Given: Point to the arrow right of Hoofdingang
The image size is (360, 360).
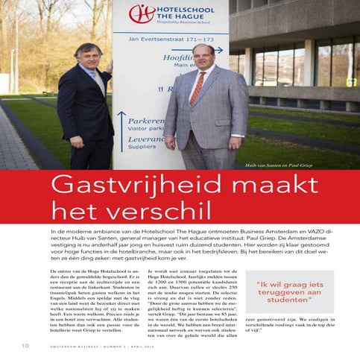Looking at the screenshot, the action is pos(212,50).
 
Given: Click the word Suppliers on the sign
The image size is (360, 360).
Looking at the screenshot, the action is pos(143,146).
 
